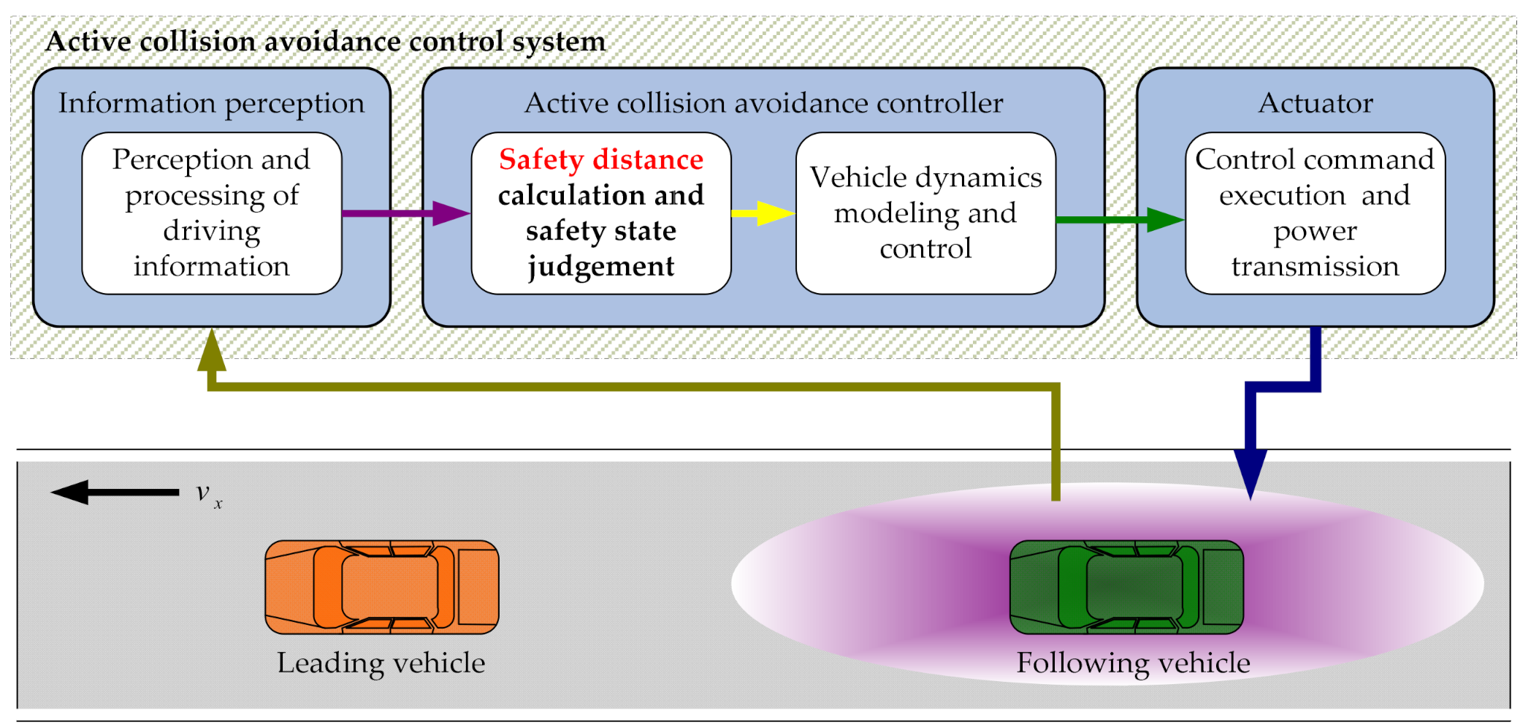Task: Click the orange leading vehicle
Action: [381, 587]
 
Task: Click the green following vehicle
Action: [1126, 587]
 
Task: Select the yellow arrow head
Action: [776, 213]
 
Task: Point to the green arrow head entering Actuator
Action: [1164, 219]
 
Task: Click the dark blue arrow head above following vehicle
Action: [1250, 474]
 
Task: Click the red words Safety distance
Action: [600, 159]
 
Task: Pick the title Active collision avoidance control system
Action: [325, 42]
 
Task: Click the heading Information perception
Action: [211, 103]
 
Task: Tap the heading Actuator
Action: [1315, 103]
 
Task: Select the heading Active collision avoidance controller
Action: [763, 103]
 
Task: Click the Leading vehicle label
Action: [381, 663]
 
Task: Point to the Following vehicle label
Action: [1133, 663]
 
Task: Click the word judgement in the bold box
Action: [600, 267]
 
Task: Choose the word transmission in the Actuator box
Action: [1315, 266]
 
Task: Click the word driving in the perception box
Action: [211, 231]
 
